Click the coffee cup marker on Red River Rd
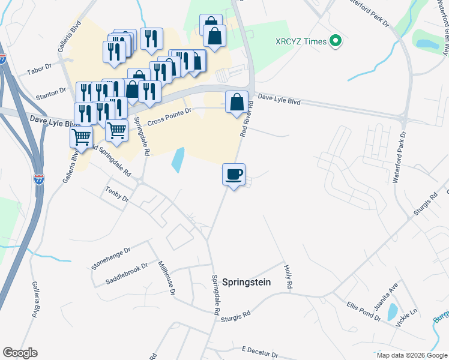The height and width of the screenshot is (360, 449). [x=234, y=175]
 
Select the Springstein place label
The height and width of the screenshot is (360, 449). [x=247, y=281]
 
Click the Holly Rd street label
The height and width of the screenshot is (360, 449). [x=288, y=278]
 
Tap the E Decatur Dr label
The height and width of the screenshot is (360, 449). [x=260, y=349]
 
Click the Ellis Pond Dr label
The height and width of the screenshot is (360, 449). [x=364, y=311]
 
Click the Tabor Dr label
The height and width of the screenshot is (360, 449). [x=38, y=70]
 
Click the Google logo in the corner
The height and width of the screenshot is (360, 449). [x=20, y=353]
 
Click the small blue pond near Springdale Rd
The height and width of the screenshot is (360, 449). [x=178, y=160]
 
